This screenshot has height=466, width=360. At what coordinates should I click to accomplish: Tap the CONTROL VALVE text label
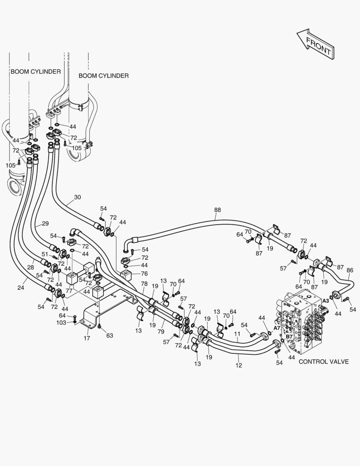[x=323, y=362]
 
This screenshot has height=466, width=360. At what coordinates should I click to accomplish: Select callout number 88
[x=217, y=210]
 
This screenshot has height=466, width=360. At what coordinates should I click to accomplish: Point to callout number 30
[x=77, y=197]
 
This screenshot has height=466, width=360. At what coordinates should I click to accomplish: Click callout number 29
[x=45, y=224]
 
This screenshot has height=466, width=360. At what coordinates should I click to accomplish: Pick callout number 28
[x=31, y=267]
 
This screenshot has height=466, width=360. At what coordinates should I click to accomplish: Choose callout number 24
[x=21, y=287]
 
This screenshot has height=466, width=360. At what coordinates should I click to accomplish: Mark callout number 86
[x=350, y=270]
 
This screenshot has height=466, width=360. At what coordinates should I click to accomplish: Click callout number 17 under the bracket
[x=87, y=338]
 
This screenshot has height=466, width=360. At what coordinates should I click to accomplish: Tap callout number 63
[x=110, y=336]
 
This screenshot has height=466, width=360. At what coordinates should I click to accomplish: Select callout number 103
[x=61, y=322]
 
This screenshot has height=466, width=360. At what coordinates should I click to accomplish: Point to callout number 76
[x=144, y=274]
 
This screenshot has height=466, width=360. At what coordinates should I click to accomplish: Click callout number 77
[x=69, y=291]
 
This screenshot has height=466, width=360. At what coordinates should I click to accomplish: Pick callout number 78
[x=144, y=284]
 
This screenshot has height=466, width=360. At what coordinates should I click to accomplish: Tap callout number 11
[x=237, y=334]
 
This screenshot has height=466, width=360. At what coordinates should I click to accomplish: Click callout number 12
[x=239, y=365]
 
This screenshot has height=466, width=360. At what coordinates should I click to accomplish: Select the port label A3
[x=326, y=301]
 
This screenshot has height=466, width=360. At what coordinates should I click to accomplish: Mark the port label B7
[x=289, y=337]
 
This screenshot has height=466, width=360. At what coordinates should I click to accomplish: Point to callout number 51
[x=45, y=254]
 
